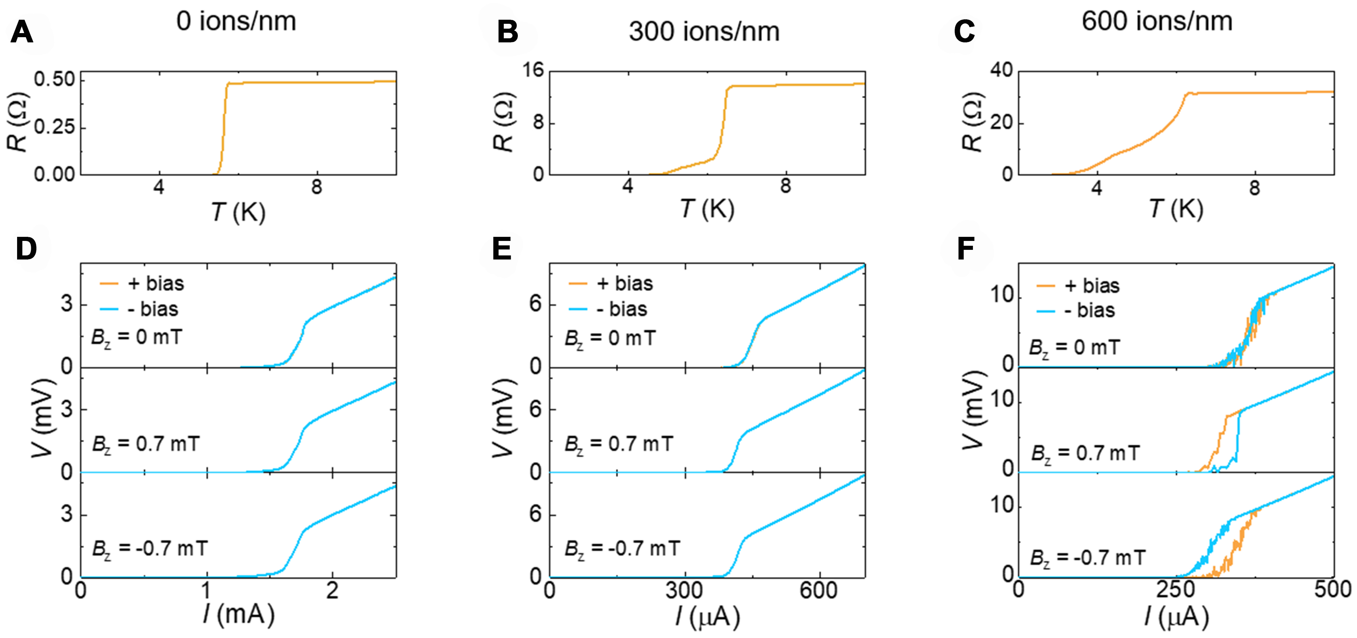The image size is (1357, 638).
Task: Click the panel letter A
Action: [x=22, y=33]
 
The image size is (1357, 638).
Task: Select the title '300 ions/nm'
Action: [x=704, y=32]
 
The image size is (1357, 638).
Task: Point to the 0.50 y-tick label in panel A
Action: [x=55, y=80]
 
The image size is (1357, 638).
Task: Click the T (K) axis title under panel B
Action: [x=707, y=209]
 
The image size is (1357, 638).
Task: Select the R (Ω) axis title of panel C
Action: [x=973, y=122]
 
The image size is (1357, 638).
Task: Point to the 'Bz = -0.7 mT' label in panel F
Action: [x=1087, y=558]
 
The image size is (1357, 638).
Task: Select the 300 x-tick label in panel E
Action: [x=684, y=590]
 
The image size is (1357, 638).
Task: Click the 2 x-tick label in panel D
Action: [x=332, y=590]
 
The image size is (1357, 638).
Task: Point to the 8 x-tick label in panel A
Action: [x=316, y=187]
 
